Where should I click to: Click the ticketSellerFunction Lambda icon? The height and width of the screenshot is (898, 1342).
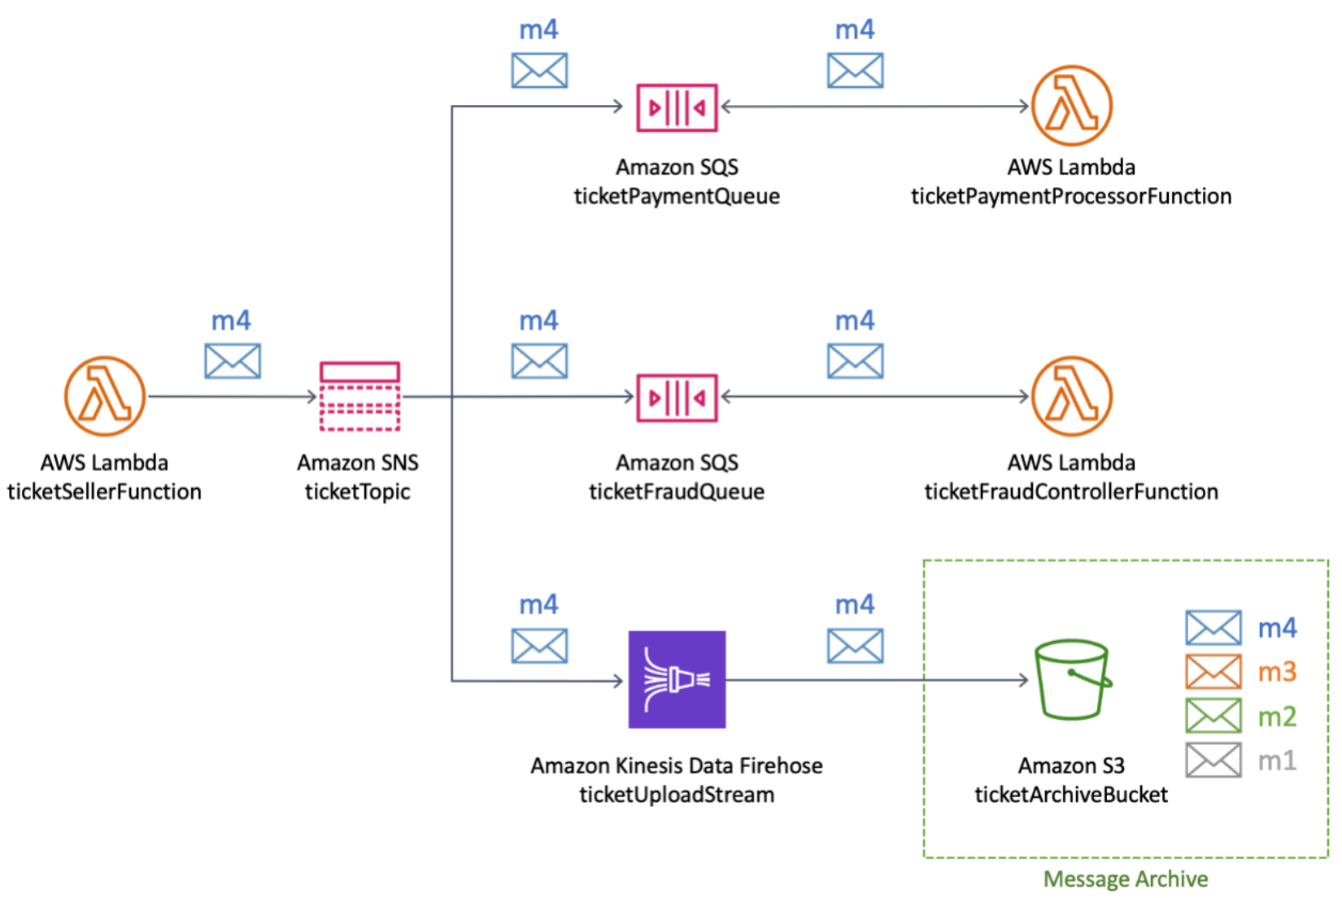[x=105, y=396]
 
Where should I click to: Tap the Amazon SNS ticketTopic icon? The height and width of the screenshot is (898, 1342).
[x=359, y=396]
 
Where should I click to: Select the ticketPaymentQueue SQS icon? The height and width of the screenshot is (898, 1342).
[x=677, y=107]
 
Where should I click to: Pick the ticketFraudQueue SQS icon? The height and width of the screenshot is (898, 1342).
[x=677, y=398]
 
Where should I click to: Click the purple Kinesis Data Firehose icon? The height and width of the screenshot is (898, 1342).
[x=677, y=679]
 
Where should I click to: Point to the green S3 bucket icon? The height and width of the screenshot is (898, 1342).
[x=1072, y=679]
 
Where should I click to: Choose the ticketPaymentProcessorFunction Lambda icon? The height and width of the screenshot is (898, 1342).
[x=1072, y=106]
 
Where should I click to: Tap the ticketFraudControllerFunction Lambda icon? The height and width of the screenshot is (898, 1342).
[x=1072, y=396]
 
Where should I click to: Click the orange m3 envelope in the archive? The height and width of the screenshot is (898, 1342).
[x=1213, y=672]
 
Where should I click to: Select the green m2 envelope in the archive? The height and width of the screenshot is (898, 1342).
[x=1213, y=716]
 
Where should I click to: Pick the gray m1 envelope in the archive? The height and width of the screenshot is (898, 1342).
[x=1213, y=761]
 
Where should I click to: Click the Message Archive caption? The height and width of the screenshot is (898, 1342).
[x=1126, y=879]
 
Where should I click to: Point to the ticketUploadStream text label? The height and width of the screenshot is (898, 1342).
[x=677, y=795]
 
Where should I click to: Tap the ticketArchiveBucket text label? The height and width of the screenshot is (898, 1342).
[x=1071, y=795]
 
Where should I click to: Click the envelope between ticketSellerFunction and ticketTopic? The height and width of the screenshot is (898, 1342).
[x=233, y=361]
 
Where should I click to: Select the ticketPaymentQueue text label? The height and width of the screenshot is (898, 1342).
[x=677, y=196]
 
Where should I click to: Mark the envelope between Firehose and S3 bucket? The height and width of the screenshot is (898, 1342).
[x=855, y=646]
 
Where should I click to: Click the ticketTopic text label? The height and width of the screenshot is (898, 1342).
[x=358, y=491]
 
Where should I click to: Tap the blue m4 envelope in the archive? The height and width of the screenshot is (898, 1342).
[x=1213, y=628]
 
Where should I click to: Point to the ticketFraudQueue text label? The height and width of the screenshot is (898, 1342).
[x=677, y=491]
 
